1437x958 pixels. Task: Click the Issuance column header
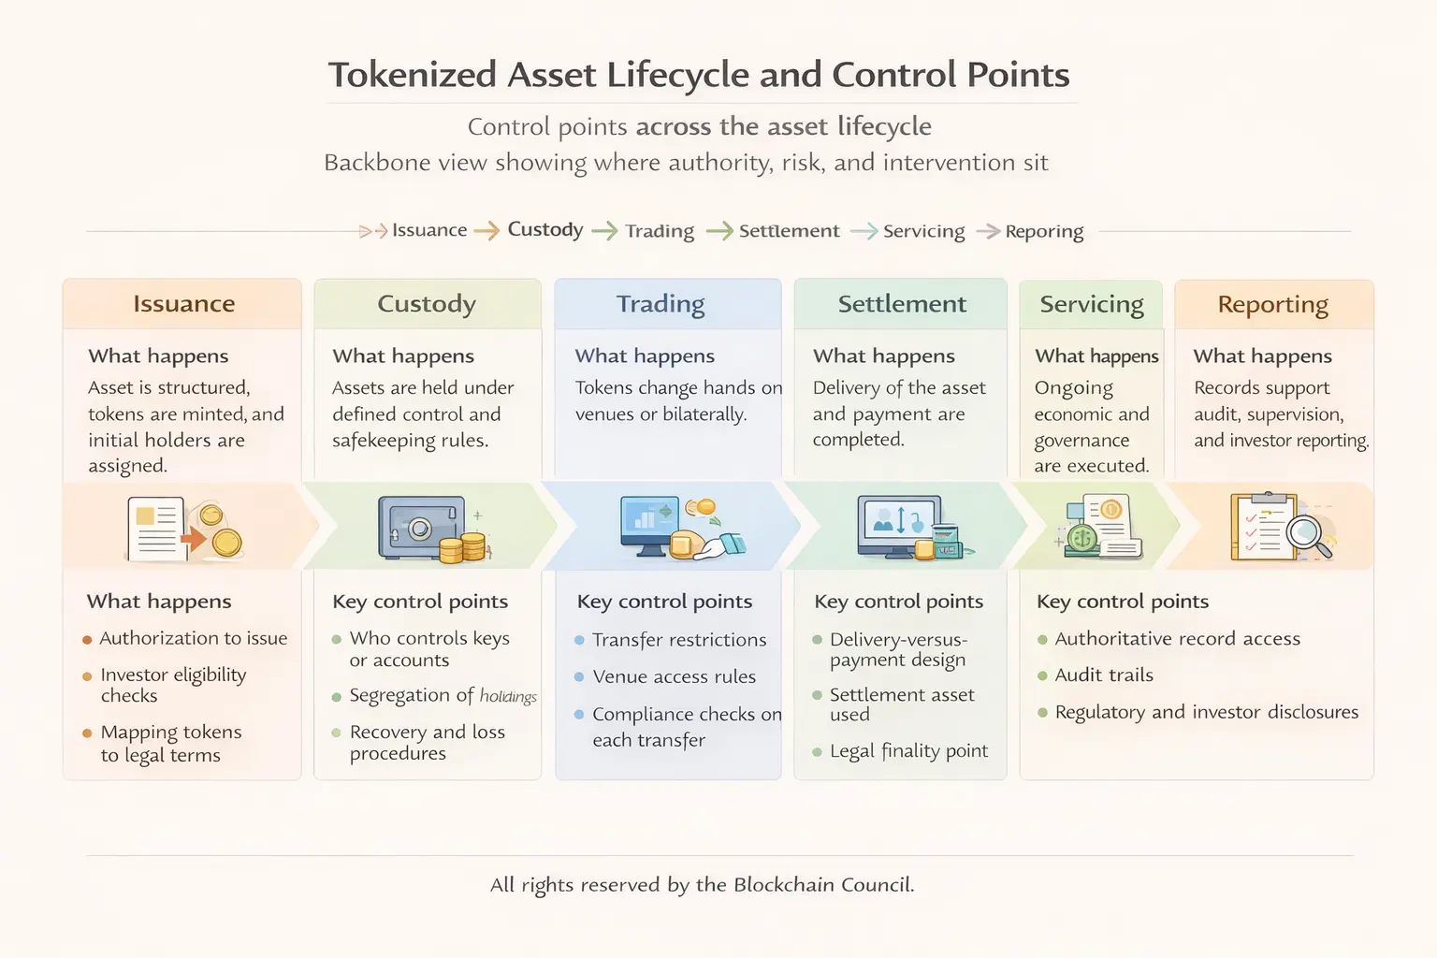coord(183,304)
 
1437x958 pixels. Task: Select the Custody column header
coord(427,304)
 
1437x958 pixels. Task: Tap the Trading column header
coord(660,304)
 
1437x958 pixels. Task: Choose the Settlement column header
coord(902,304)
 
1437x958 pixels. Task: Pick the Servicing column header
coord(1092,305)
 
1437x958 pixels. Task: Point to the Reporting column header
coord(1272,305)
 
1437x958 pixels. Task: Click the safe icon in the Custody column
coord(420,527)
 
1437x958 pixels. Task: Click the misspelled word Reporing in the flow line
coord(1044,231)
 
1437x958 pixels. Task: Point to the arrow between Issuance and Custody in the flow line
coord(486,231)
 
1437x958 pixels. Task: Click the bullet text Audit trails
coord(1104,675)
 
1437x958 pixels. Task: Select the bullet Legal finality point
coord(908,751)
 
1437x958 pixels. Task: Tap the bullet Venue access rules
coord(674,676)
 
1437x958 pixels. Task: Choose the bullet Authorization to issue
coord(193,638)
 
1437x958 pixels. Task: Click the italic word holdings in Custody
coord(508,696)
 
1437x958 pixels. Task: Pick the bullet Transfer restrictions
coord(679,640)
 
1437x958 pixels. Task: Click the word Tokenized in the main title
coord(412,75)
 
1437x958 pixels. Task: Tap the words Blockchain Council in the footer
coord(822,885)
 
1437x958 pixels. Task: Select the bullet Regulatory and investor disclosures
coord(1206,712)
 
